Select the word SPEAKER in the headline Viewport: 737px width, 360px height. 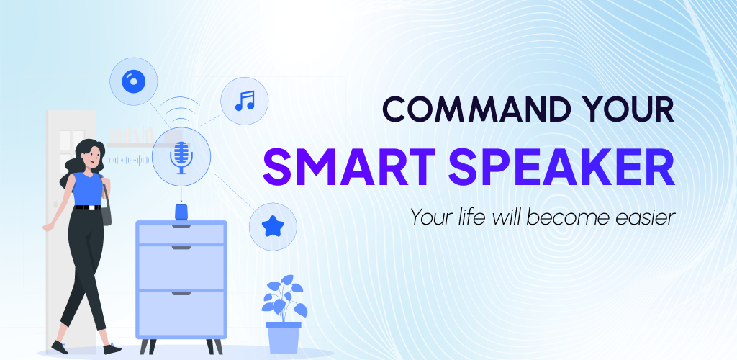561,168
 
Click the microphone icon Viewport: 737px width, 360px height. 181,158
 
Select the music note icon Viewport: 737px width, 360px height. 245,101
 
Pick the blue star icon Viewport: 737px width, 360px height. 273,227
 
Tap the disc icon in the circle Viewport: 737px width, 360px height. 133,82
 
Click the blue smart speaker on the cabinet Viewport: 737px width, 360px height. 181,211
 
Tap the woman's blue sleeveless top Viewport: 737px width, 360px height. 87,189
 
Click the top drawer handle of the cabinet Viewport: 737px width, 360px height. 181,226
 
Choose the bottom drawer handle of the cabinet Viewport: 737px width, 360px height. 181,293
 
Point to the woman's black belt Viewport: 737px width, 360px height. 88,207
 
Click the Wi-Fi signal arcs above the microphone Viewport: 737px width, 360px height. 180,109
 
